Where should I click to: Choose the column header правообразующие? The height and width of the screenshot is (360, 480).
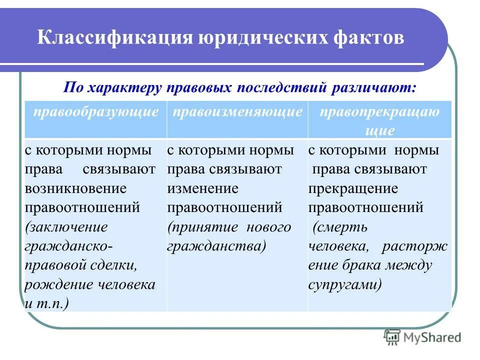[x=96, y=111]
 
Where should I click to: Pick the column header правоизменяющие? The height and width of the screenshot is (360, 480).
[x=237, y=111]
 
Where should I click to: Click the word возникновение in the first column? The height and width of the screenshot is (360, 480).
[x=75, y=188]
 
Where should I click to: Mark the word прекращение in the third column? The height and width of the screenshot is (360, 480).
[x=353, y=188]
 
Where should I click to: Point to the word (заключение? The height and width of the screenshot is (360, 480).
[x=66, y=227]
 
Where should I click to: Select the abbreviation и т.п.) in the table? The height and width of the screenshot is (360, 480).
[x=47, y=303]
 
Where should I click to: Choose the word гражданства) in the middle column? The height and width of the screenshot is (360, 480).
[x=216, y=246]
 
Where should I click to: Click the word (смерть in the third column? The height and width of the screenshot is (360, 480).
[x=340, y=227]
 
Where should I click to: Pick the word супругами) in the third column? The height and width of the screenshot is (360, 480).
[x=345, y=284]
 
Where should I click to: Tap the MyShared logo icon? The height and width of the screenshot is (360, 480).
[x=392, y=338]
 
